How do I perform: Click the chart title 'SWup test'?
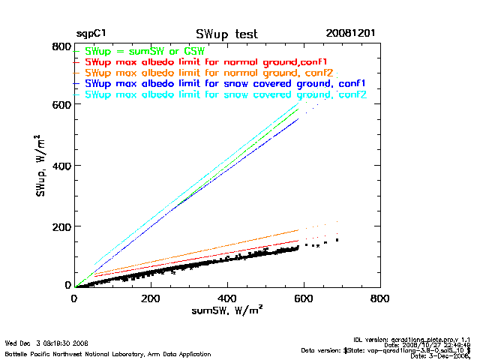(226, 34)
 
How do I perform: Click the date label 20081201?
(351, 34)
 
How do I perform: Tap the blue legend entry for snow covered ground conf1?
(226, 84)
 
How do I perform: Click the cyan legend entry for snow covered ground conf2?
(226, 95)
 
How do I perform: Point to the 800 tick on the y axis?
(61, 47)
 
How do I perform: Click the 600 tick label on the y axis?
(61, 105)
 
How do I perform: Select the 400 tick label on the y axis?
(61, 166)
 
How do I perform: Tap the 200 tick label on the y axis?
(61, 226)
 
